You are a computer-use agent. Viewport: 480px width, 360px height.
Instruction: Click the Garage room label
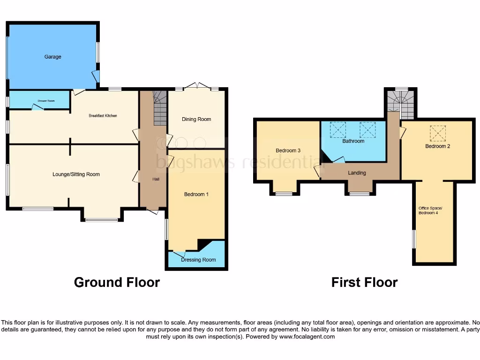pos(52,57)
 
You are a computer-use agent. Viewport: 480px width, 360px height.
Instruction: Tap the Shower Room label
pos(40,101)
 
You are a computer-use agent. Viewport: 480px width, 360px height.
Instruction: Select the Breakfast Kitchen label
pos(103,115)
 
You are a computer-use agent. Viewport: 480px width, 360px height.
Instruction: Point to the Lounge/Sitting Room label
pos(76,174)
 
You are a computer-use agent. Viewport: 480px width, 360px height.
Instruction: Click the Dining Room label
pos(196,119)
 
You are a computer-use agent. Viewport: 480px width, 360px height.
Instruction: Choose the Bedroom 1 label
pos(196,194)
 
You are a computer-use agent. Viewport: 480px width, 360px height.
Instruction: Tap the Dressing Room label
pos(199,260)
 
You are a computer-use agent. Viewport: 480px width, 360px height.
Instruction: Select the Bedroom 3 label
pos(287,150)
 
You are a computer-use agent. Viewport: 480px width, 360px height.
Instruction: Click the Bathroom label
pos(353,141)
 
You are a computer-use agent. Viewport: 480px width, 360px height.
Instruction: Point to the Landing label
pos(357,173)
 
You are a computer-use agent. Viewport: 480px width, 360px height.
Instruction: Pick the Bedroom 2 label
pos(437,146)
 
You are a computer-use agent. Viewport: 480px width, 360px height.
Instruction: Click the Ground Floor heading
pos(117,282)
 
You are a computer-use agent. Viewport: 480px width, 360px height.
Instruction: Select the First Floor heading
pos(364,282)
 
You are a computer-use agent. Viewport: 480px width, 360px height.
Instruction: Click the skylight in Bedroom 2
pos(438,133)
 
